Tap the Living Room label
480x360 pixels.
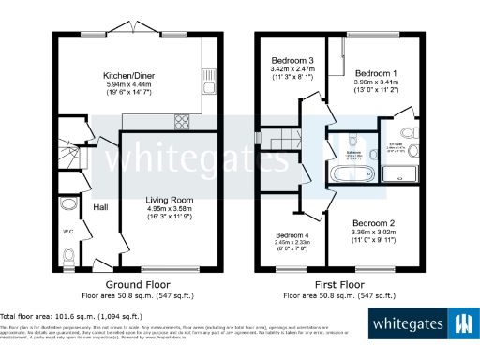(169, 199)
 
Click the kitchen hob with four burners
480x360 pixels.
(183, 120)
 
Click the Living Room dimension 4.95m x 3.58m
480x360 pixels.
(169, 207)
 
